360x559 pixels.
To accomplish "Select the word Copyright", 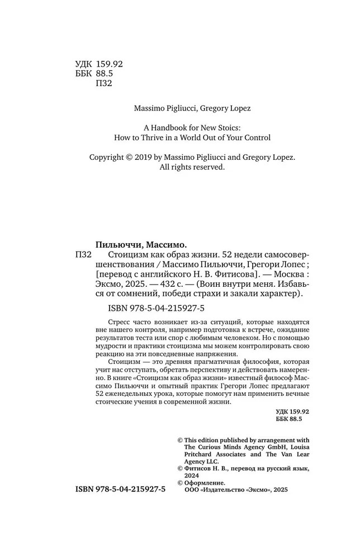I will pyautogui.click(x=108, y=158).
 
